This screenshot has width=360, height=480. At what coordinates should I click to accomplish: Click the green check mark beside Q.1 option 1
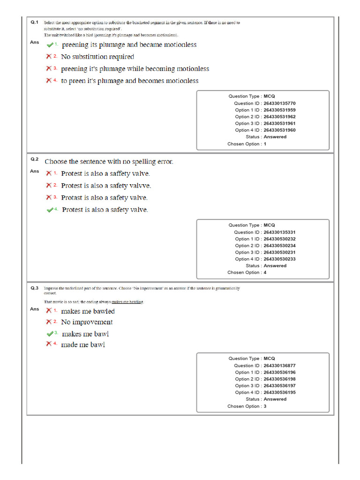[x=50, y=45]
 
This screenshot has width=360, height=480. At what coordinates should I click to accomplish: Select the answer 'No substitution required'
[x=97, y=57]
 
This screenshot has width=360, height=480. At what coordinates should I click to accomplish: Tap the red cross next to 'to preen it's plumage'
[x=48, y=81]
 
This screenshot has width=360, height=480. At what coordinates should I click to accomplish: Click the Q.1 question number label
[x=34, y=22]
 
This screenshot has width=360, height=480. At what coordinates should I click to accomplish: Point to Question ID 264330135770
[x=279, y=103]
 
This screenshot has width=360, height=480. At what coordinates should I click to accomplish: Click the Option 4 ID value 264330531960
[x=279, y=130]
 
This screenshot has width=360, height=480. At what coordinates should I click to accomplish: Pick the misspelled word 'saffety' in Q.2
[x=121, y=173]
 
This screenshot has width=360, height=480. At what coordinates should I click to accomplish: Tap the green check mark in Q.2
[x=50, y=210]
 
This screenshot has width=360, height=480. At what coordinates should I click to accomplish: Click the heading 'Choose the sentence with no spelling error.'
[x=109, y=162]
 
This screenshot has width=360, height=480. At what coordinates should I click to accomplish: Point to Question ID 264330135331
[x=279, y=232]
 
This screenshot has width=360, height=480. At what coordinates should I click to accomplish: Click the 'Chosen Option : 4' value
[x=265, y=272]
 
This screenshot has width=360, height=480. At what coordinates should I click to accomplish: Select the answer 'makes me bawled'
[x=88, y=311]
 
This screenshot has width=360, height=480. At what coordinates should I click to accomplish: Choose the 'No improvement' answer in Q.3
[x=87, y=322]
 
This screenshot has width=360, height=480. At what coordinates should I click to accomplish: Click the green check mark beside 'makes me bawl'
[x=50, y=334]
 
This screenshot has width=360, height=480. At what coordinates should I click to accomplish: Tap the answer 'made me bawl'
[x=83, y=345]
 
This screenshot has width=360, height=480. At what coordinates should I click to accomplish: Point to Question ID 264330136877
[x=279, y=366]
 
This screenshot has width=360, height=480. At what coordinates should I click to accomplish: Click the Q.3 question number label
[x=34, y=288]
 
